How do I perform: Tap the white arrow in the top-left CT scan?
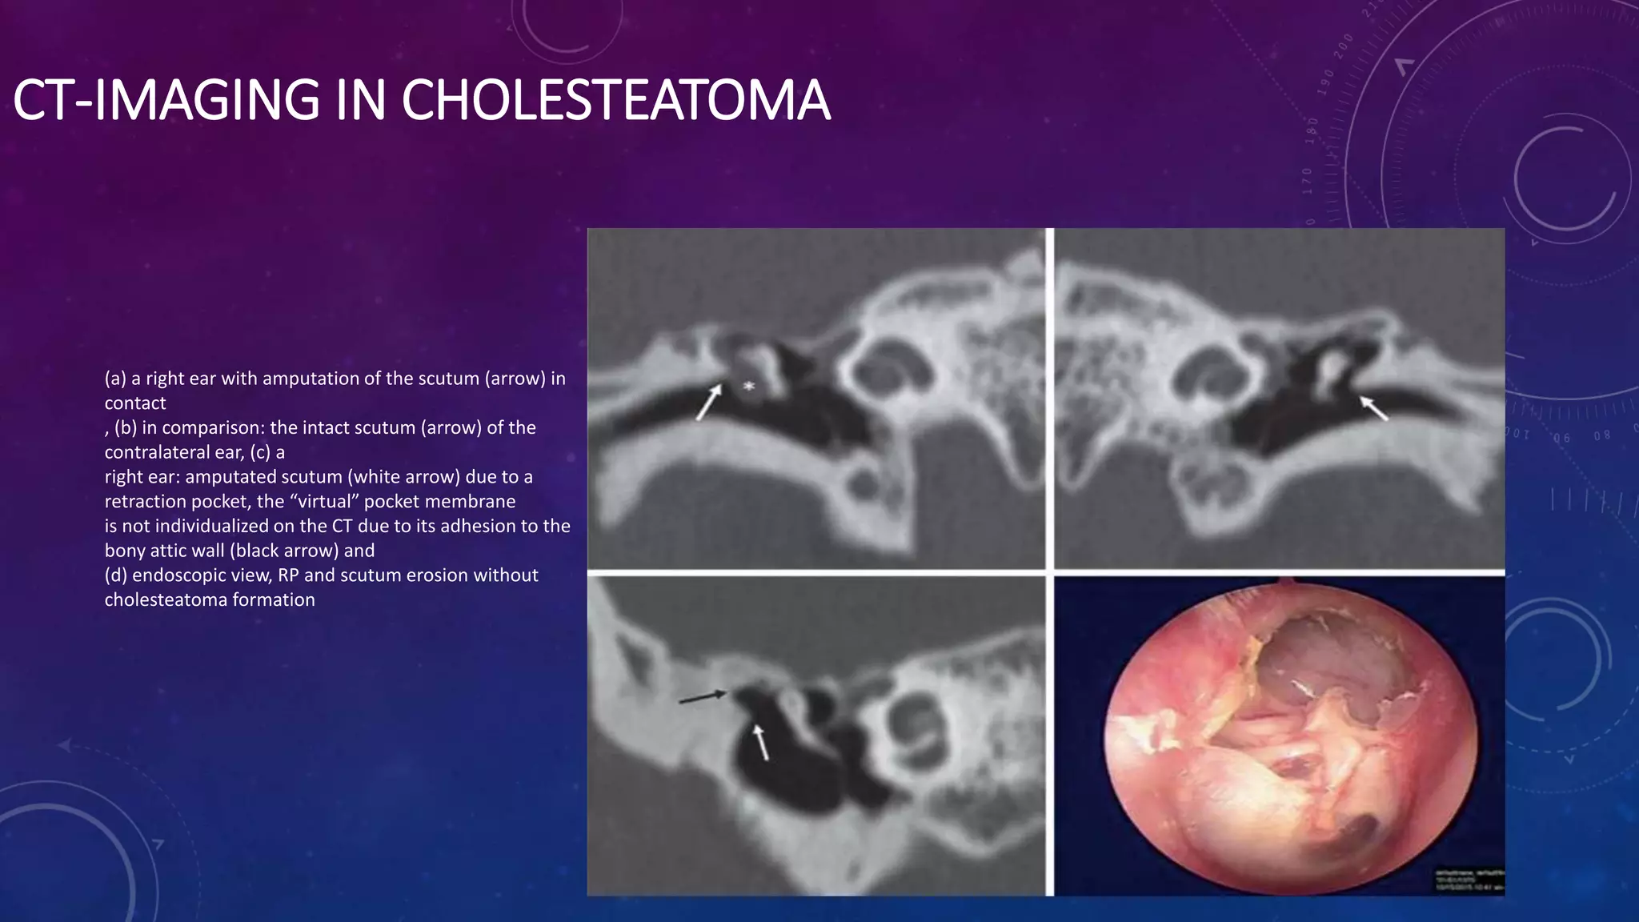(707, 403)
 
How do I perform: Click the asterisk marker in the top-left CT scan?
(749, 387)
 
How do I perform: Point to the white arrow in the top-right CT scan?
(1374, 407)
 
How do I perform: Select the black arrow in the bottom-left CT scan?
(703, 698)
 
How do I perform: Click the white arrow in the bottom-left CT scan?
(761, 743)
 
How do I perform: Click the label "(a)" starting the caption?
(116, 379)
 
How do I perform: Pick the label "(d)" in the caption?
(116, 575)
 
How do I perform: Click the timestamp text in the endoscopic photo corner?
(1468, 882)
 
